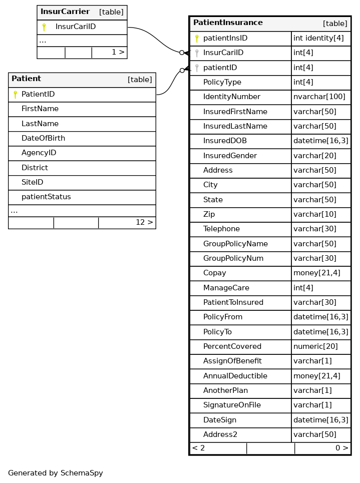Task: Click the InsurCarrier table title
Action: point(65,12)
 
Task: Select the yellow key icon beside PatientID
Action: point(16,95)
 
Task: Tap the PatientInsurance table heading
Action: point(228,23)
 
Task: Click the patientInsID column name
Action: point(225,39)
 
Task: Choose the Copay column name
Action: point(214,273)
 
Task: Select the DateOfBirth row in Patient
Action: point(43,139)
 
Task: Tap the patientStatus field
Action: point(46,197)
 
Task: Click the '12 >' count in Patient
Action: point(144,223)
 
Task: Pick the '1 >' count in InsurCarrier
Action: point(118,53)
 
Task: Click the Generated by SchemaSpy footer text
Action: point(56,473)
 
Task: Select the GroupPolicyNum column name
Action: point(233,259)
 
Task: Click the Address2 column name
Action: point(220,434)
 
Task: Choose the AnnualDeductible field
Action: point(235,376)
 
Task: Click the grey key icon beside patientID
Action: point(197,68)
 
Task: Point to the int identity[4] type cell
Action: point(318,39)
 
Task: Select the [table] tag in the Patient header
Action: point(140,80)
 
